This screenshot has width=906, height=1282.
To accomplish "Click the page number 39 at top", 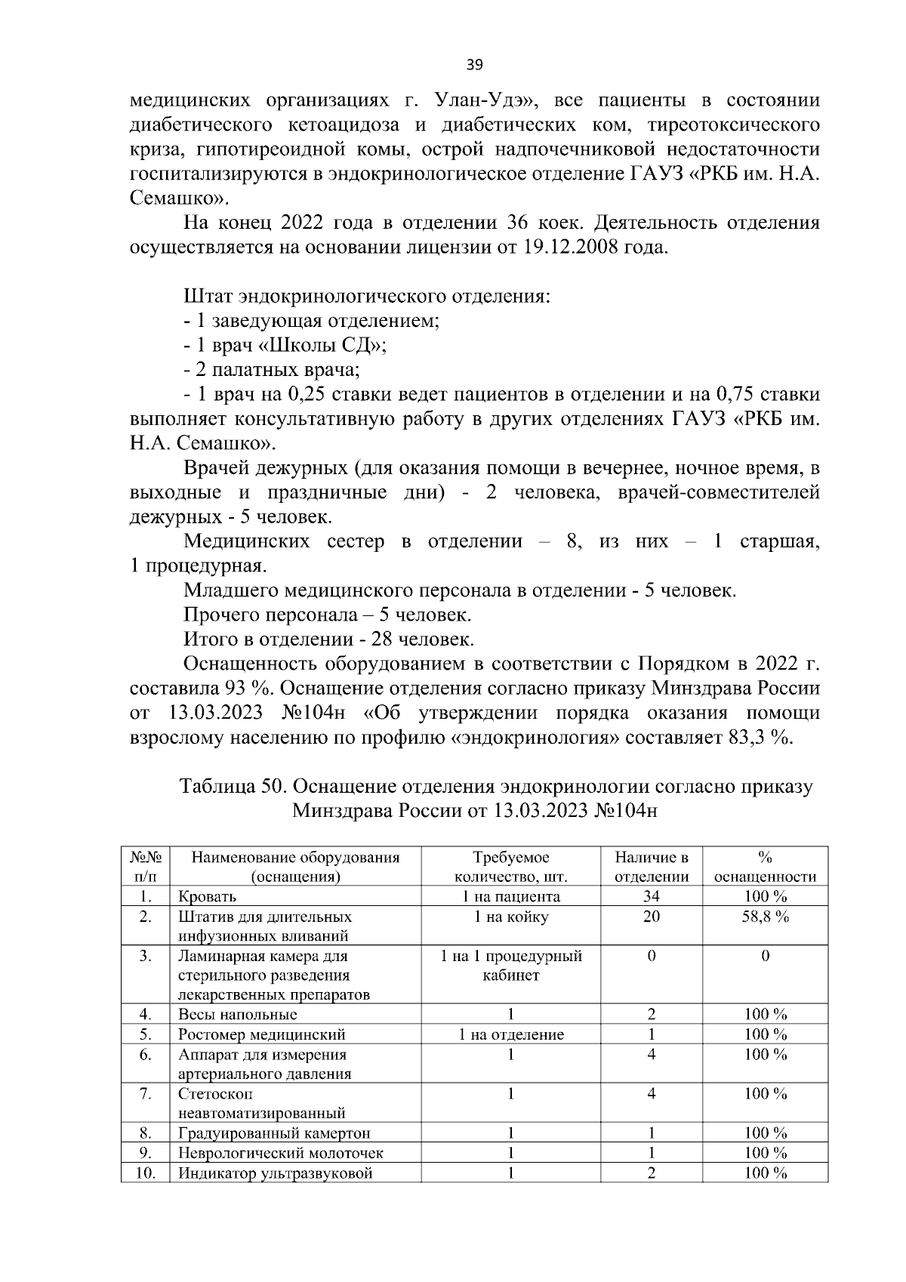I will click(x=474, y=65).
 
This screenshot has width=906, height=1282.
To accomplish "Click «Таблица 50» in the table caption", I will click(x=232, y=787).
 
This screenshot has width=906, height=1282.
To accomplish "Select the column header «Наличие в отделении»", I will click(x=651, y=867).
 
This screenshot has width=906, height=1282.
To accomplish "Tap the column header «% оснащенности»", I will click(x=765, y=867).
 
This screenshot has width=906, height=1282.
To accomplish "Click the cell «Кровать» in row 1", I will click(x=207, y=897).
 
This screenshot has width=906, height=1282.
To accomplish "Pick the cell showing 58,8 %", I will click(x=765, y=917).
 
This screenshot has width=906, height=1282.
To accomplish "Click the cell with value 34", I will click(x=651, y=896).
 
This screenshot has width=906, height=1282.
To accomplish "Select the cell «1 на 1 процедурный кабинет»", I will click(x=511, y=966).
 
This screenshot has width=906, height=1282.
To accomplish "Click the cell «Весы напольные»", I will click(x=237, y=1015).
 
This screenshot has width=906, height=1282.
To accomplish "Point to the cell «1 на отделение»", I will click(x=511, y=1034).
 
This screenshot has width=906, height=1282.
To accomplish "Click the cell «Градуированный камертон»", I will click(x=274, y=1133).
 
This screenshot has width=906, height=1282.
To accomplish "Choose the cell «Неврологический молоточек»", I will click(x=280, y=1153).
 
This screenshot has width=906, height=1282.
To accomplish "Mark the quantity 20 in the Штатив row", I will click(x=651, y=917).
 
